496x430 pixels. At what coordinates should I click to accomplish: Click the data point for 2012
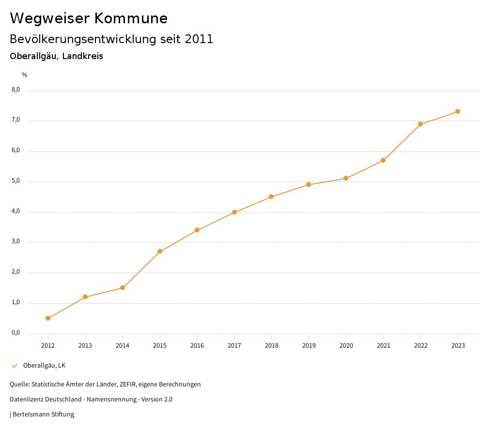(x=48, y=318)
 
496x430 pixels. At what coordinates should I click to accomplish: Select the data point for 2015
(x=160, y=251)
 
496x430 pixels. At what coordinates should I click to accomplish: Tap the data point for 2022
(x=420, y=124)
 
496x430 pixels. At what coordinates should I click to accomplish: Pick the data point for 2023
(x=458, y=111)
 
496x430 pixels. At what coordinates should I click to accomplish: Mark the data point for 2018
(x=271, y=197)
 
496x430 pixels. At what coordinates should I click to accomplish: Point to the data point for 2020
(x=346, y=178)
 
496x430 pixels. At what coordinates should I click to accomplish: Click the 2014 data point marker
(x=123, y=288)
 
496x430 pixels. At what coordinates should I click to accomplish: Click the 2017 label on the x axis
(x=234, y=346)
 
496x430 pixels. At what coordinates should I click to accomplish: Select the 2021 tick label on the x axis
(x=383, y=346)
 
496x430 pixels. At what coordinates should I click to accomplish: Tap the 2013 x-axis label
(x=85, y=346)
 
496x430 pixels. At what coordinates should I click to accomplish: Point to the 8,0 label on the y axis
(x=15, y=90)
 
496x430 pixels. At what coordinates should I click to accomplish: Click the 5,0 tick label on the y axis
(x=15, y=181)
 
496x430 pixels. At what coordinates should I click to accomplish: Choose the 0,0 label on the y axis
(x=15, y=333)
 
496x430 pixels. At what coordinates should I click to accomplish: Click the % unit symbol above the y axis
(x=25, y=75)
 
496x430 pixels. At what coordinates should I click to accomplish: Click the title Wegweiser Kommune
(x=89, y=18)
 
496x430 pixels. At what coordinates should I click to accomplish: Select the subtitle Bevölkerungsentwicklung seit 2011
(x=111, y=39)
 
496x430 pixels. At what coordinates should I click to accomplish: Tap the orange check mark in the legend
(x=15, y=366)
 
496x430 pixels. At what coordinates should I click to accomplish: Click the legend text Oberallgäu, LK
(x=44, y=366)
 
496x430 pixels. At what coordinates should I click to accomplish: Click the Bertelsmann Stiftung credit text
(x=43, y=415)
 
